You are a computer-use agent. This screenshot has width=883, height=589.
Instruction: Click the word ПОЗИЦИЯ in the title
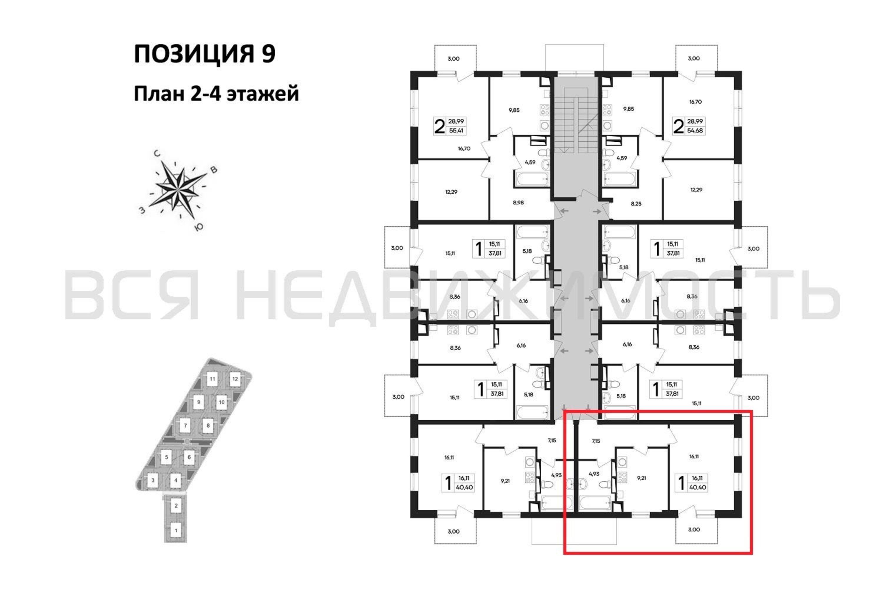coord(194,54)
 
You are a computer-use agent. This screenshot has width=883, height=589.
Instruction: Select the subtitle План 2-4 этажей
coord(216,94)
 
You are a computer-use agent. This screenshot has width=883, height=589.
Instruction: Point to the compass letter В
coord(214,170)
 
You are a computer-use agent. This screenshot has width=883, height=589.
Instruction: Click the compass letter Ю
coord(199,227)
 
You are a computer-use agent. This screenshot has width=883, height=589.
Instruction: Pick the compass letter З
coord(142,210)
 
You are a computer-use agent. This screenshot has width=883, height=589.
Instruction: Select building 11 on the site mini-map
coord(213,379)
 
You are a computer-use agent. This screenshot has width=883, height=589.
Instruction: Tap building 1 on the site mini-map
coord(176,530)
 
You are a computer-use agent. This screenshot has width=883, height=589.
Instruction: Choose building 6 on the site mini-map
coord(189,457)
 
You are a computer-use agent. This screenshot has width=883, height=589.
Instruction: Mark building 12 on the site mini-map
coord(235,379)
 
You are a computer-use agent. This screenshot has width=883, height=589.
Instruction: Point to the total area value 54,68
coord(695,131)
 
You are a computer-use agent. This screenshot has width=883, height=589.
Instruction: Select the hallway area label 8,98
coord(518,203)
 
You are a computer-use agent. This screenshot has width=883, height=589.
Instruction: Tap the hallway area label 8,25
coord(636,203)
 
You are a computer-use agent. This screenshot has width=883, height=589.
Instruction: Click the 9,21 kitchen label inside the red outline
coord(641,478)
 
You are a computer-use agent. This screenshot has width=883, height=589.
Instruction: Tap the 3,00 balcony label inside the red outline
coord(694,529)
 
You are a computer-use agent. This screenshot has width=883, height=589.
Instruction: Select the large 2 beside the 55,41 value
coord(439,126)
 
